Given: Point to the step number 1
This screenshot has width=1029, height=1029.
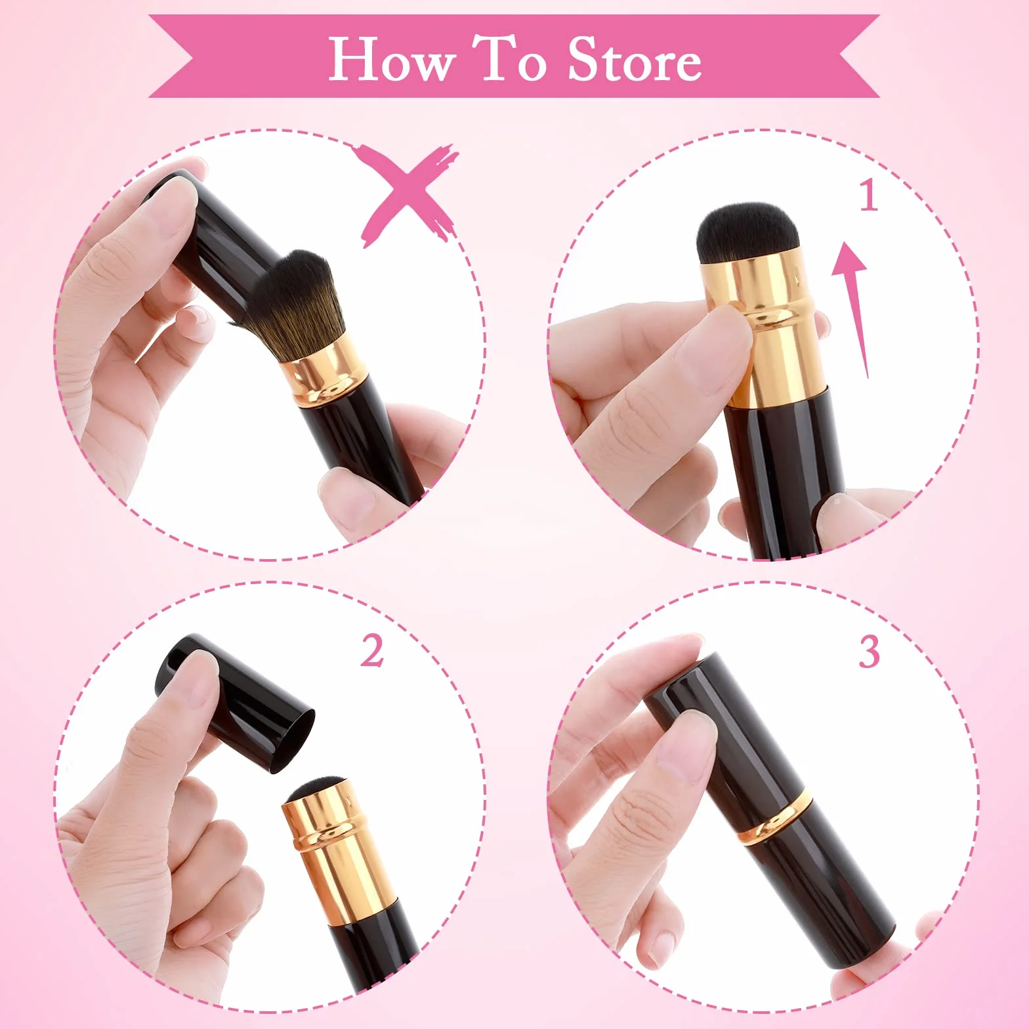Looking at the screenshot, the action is tap(870, 195).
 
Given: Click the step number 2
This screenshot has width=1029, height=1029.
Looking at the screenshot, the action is tap(372, 651).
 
